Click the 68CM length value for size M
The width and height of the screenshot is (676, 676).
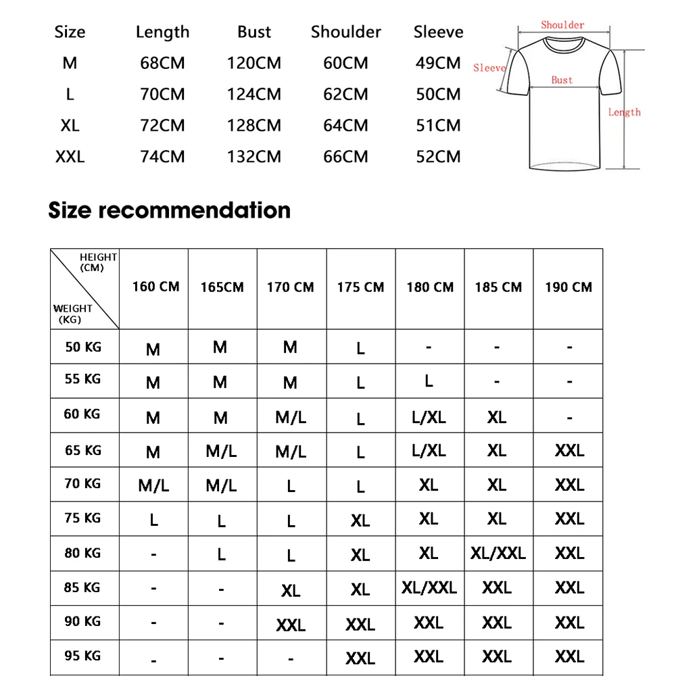162,64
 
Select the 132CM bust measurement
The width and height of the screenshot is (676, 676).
254,157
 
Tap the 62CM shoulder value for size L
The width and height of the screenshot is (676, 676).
345,95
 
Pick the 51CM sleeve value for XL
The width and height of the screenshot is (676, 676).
438,126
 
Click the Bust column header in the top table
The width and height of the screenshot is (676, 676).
254,32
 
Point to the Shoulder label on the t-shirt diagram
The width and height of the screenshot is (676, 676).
562,25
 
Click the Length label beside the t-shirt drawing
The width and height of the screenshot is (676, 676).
624,112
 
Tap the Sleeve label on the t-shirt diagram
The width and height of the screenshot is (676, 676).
489,68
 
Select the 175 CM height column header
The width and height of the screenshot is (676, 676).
360,287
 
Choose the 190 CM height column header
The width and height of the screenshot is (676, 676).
569,287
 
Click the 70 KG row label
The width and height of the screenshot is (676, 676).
82,483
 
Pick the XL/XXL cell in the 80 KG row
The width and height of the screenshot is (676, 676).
498,553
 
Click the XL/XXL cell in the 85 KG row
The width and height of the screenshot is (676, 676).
429,587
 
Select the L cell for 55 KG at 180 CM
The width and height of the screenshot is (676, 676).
429,381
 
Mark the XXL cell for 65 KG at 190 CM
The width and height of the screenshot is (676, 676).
569,450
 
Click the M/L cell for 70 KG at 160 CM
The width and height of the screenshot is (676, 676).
153,485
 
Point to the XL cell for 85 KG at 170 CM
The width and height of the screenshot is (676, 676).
291,590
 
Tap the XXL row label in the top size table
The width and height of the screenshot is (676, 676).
70,157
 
